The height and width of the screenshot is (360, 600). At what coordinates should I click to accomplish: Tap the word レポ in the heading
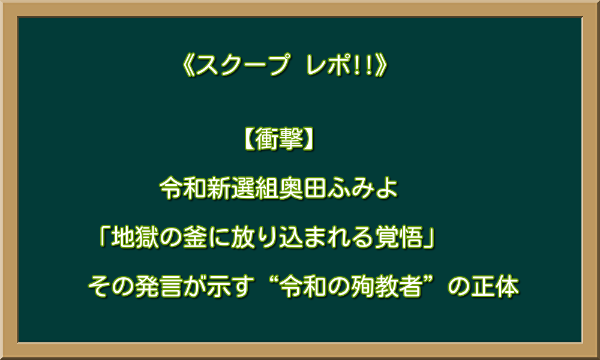point(329,65)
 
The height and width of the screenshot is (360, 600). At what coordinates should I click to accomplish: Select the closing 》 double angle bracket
point(382,65)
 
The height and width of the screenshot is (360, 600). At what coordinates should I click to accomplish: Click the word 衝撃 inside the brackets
point(279,139)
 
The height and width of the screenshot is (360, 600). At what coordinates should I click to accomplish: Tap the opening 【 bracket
point(248,139)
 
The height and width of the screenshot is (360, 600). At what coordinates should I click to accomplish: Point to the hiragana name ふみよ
point(362,188)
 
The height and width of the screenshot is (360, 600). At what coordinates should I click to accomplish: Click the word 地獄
point(134,237)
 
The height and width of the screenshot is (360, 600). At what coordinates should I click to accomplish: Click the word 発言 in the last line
point(158,287)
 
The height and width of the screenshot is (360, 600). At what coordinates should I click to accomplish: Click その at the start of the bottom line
point(111,287)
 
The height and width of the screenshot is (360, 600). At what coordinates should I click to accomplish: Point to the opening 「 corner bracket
point(103,236)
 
